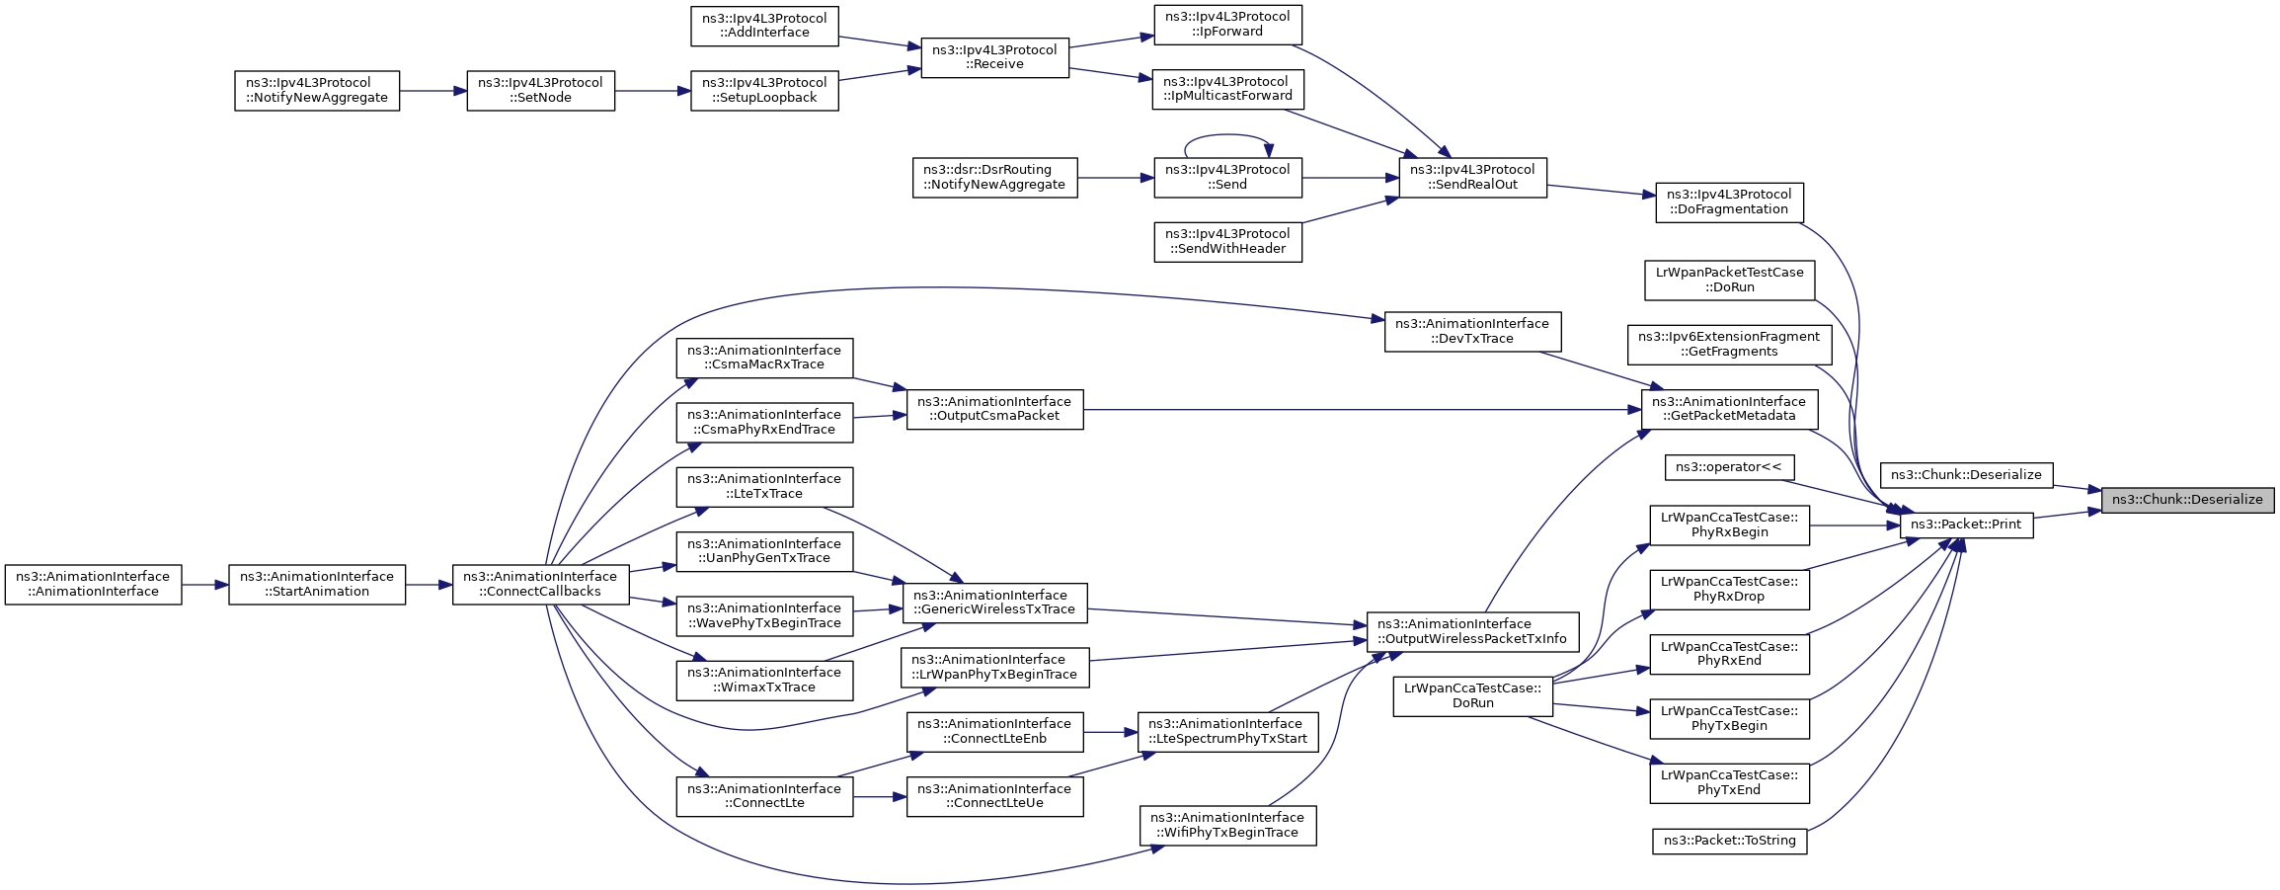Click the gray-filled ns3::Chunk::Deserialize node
[x=2187, y=500]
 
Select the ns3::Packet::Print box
[x=1966, y=525]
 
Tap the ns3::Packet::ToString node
[x=1730, y=841]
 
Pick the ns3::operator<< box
[x=1729, y=467]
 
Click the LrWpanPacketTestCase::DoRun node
[x=1729, y=280]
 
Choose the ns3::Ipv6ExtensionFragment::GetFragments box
[x=1729, y=344]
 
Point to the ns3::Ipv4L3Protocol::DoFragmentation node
[x=1729, y=202]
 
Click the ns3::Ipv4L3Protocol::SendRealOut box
[x=1472, y=178]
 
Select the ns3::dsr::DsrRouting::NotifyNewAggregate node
[x=994, y=178]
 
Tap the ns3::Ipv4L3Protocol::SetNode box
[x=540, y=91]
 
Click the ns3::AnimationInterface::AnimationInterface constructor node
[x=93, y=585]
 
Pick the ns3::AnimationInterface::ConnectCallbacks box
[x=540, y=585]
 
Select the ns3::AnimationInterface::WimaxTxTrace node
[x=764, y=681]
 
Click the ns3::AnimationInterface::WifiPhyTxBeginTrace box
[x=1227, y=826]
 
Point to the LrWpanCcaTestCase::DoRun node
[x=1472, y=696]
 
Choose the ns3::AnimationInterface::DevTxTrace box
[x=1472, y=331]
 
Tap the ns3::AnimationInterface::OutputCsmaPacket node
[x=994, y=409]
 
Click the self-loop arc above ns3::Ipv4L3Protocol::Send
[x=1227, y=135]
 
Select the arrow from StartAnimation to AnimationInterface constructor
[x=205, y=585]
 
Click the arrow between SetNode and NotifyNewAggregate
[x=433, y=91]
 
